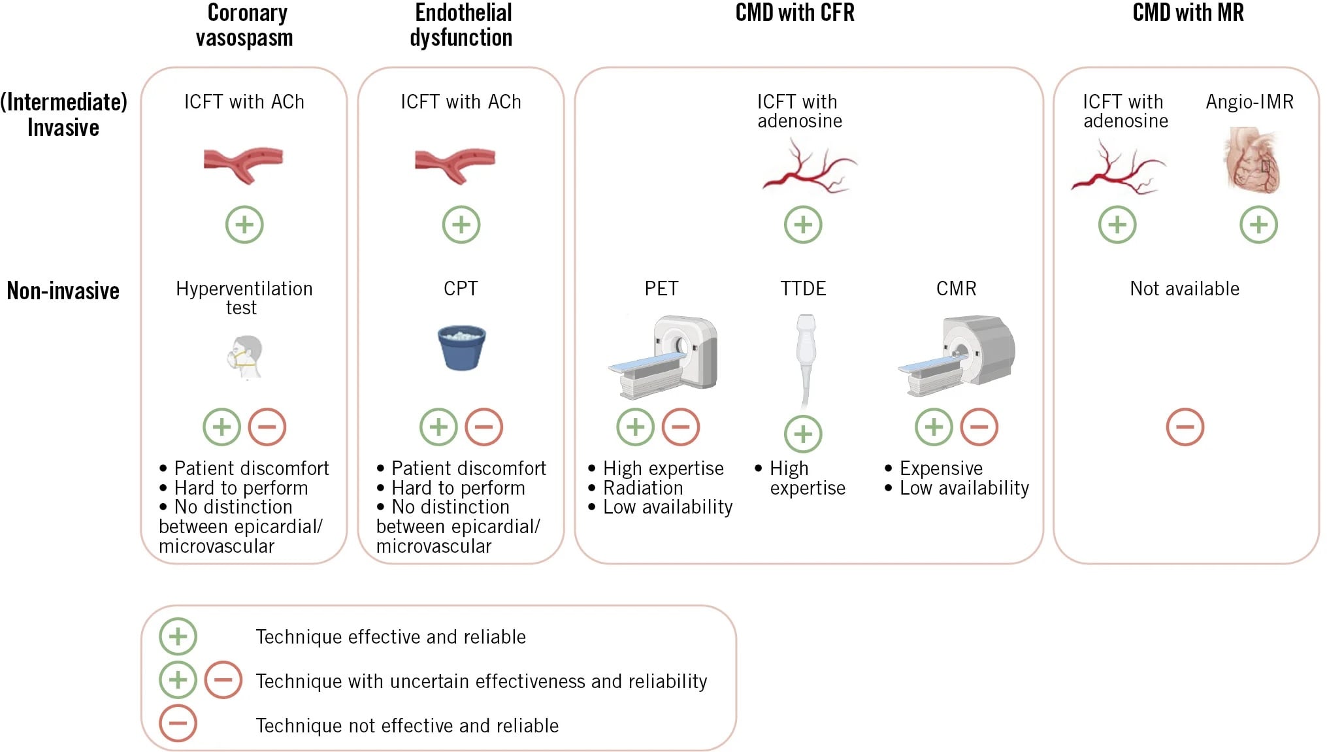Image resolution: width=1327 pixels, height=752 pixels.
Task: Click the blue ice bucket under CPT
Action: click(x=461, y=348)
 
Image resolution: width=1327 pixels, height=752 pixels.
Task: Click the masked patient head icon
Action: click(x=246, y=357)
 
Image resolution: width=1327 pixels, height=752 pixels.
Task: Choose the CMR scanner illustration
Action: click(x=958, y=355)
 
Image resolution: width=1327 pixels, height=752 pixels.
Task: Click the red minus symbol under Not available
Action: click(x=1185, y=427)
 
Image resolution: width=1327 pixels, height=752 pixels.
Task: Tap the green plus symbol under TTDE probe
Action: click(x=803, y=434)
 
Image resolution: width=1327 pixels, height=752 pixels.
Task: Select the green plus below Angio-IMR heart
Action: click(x=1258, y=225)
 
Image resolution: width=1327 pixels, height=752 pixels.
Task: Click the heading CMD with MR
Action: click(x=1188, y=12)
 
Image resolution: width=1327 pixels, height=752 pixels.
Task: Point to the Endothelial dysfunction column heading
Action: click(x=461, y=25)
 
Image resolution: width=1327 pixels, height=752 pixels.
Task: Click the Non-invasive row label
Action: click(x=63, y=291)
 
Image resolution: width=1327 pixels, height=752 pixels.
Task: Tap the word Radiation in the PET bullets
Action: click(x=643, y=488)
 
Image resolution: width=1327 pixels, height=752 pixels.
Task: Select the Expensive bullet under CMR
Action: click(x=940, y=468)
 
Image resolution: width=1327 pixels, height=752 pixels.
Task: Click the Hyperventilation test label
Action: click(x=244, y=298)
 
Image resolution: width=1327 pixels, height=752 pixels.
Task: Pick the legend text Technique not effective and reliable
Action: click(x=407, y=726)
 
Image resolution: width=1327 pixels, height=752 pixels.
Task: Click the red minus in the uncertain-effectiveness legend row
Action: click(x=223, y=679)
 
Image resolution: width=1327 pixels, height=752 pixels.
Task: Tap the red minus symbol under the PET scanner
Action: click(x=681, y=427)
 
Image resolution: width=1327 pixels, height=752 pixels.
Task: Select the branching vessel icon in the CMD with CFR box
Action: click(x=809, y=169)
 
